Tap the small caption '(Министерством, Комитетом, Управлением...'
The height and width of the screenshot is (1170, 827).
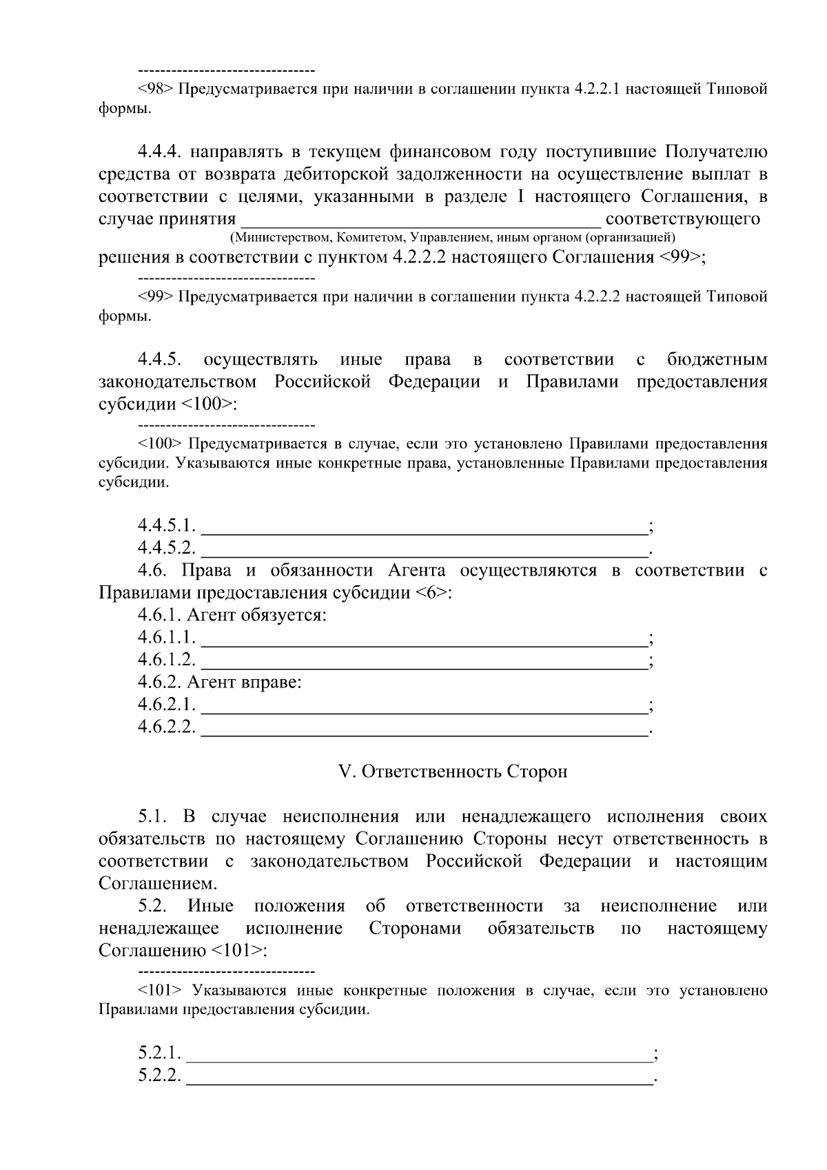(453, 239)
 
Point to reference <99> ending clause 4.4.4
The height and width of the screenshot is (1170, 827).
(682, 258)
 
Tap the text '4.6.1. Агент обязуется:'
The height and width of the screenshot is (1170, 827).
(232, 615)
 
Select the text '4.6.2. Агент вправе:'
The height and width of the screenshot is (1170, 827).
(220, 683)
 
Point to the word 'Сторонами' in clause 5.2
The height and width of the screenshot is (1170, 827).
(415, 929)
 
